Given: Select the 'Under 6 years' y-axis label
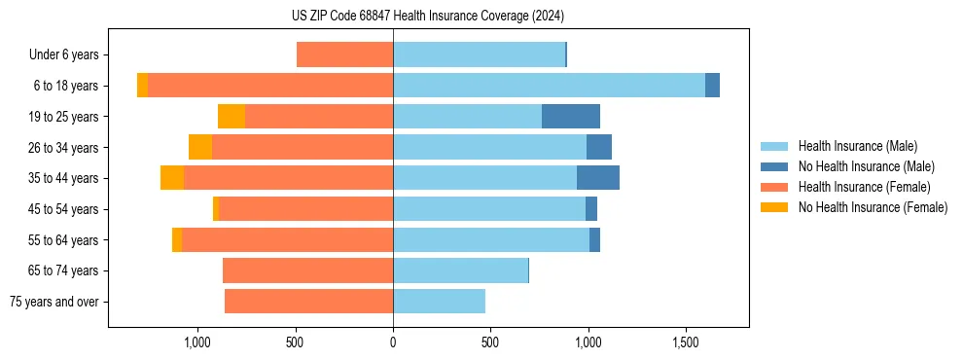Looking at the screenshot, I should [x=69, y=54].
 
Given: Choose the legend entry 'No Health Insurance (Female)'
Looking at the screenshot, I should [x=873, y=207].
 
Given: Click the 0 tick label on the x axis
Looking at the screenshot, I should [x=393, y=342].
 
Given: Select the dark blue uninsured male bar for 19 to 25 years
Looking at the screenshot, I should [x=571, y=116].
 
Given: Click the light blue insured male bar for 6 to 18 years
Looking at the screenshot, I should [x=549, y=86].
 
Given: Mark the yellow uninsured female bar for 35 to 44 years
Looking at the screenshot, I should [x=172, y=178].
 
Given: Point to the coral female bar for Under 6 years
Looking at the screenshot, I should [x=344, y=54].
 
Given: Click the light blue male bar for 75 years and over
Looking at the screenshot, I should [x=439, y=302].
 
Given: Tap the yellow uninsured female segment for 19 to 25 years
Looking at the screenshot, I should [x=232, y=116].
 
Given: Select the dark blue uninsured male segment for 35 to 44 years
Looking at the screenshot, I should [x=598, y=178].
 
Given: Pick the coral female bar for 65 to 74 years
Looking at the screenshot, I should [x=307, y=270].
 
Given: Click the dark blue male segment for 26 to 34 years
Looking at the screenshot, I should [x=599, y=147].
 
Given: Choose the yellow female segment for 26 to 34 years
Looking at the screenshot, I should [x=200, y=147].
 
